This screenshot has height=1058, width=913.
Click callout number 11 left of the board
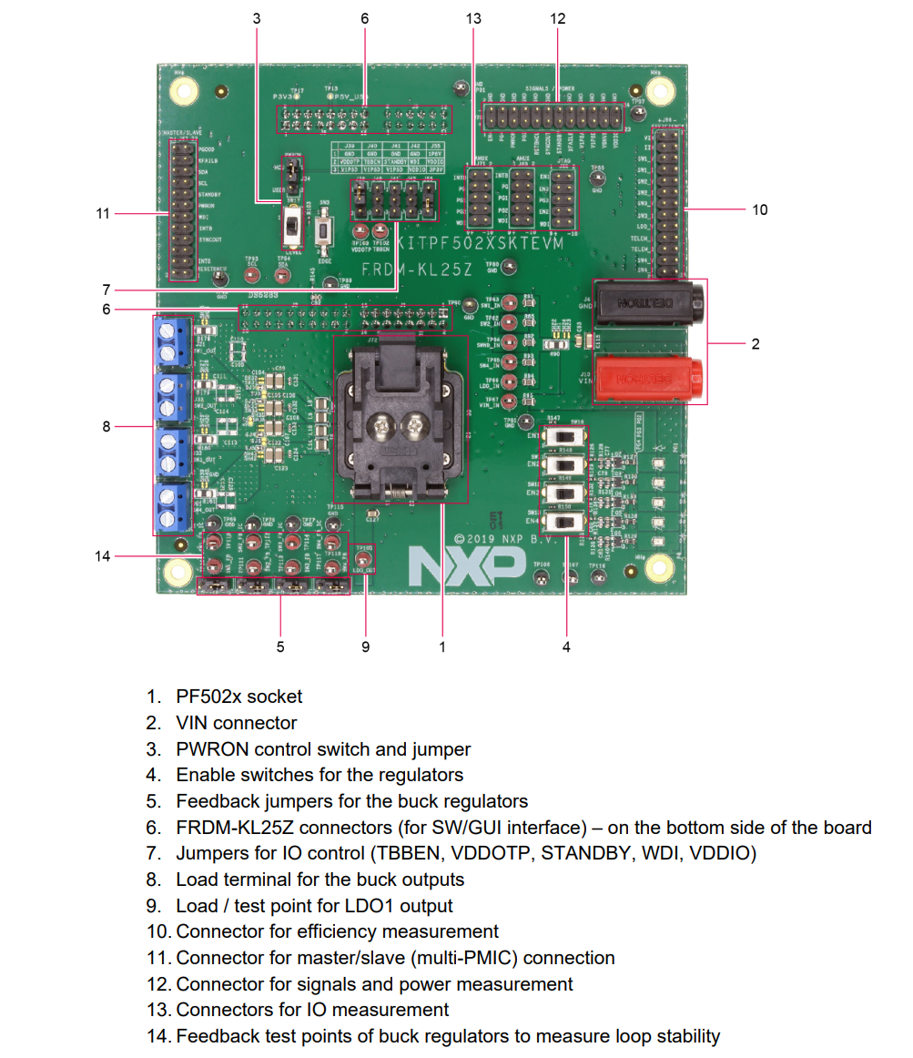pos(103,213)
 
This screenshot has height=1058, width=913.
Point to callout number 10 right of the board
pos(760,209)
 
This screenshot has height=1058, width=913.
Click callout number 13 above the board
pos(472,18)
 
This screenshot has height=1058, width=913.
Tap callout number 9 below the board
pos(366,646)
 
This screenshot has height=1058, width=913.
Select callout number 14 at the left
pos(103,555)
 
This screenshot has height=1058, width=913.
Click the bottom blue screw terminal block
pos(170,508)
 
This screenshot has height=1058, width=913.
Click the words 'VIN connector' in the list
pos(236,723)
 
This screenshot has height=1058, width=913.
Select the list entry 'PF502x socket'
pos(238,697)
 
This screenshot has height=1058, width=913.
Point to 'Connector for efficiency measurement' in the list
pos(337,931)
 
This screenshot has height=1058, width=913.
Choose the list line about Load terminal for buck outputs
pos(320,880)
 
